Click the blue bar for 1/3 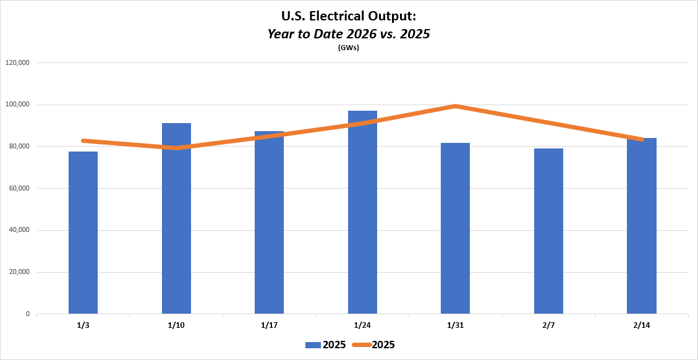[83, 233]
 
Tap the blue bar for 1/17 [269, 223]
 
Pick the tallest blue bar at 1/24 [362, 212]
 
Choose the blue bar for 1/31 [455, 228]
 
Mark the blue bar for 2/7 [548, 231]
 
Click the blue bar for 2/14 [641, 226]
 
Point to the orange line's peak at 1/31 [455, 106]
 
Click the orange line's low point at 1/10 [176, 148]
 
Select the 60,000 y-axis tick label [19, 189]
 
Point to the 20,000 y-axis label [19, 272]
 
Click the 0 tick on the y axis [28, 314]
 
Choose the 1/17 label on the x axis [269, 325]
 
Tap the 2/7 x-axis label [548, 325]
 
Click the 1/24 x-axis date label [362, 325]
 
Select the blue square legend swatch [312, 345]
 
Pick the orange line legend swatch [360, 345]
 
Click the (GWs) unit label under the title [349, 48]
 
